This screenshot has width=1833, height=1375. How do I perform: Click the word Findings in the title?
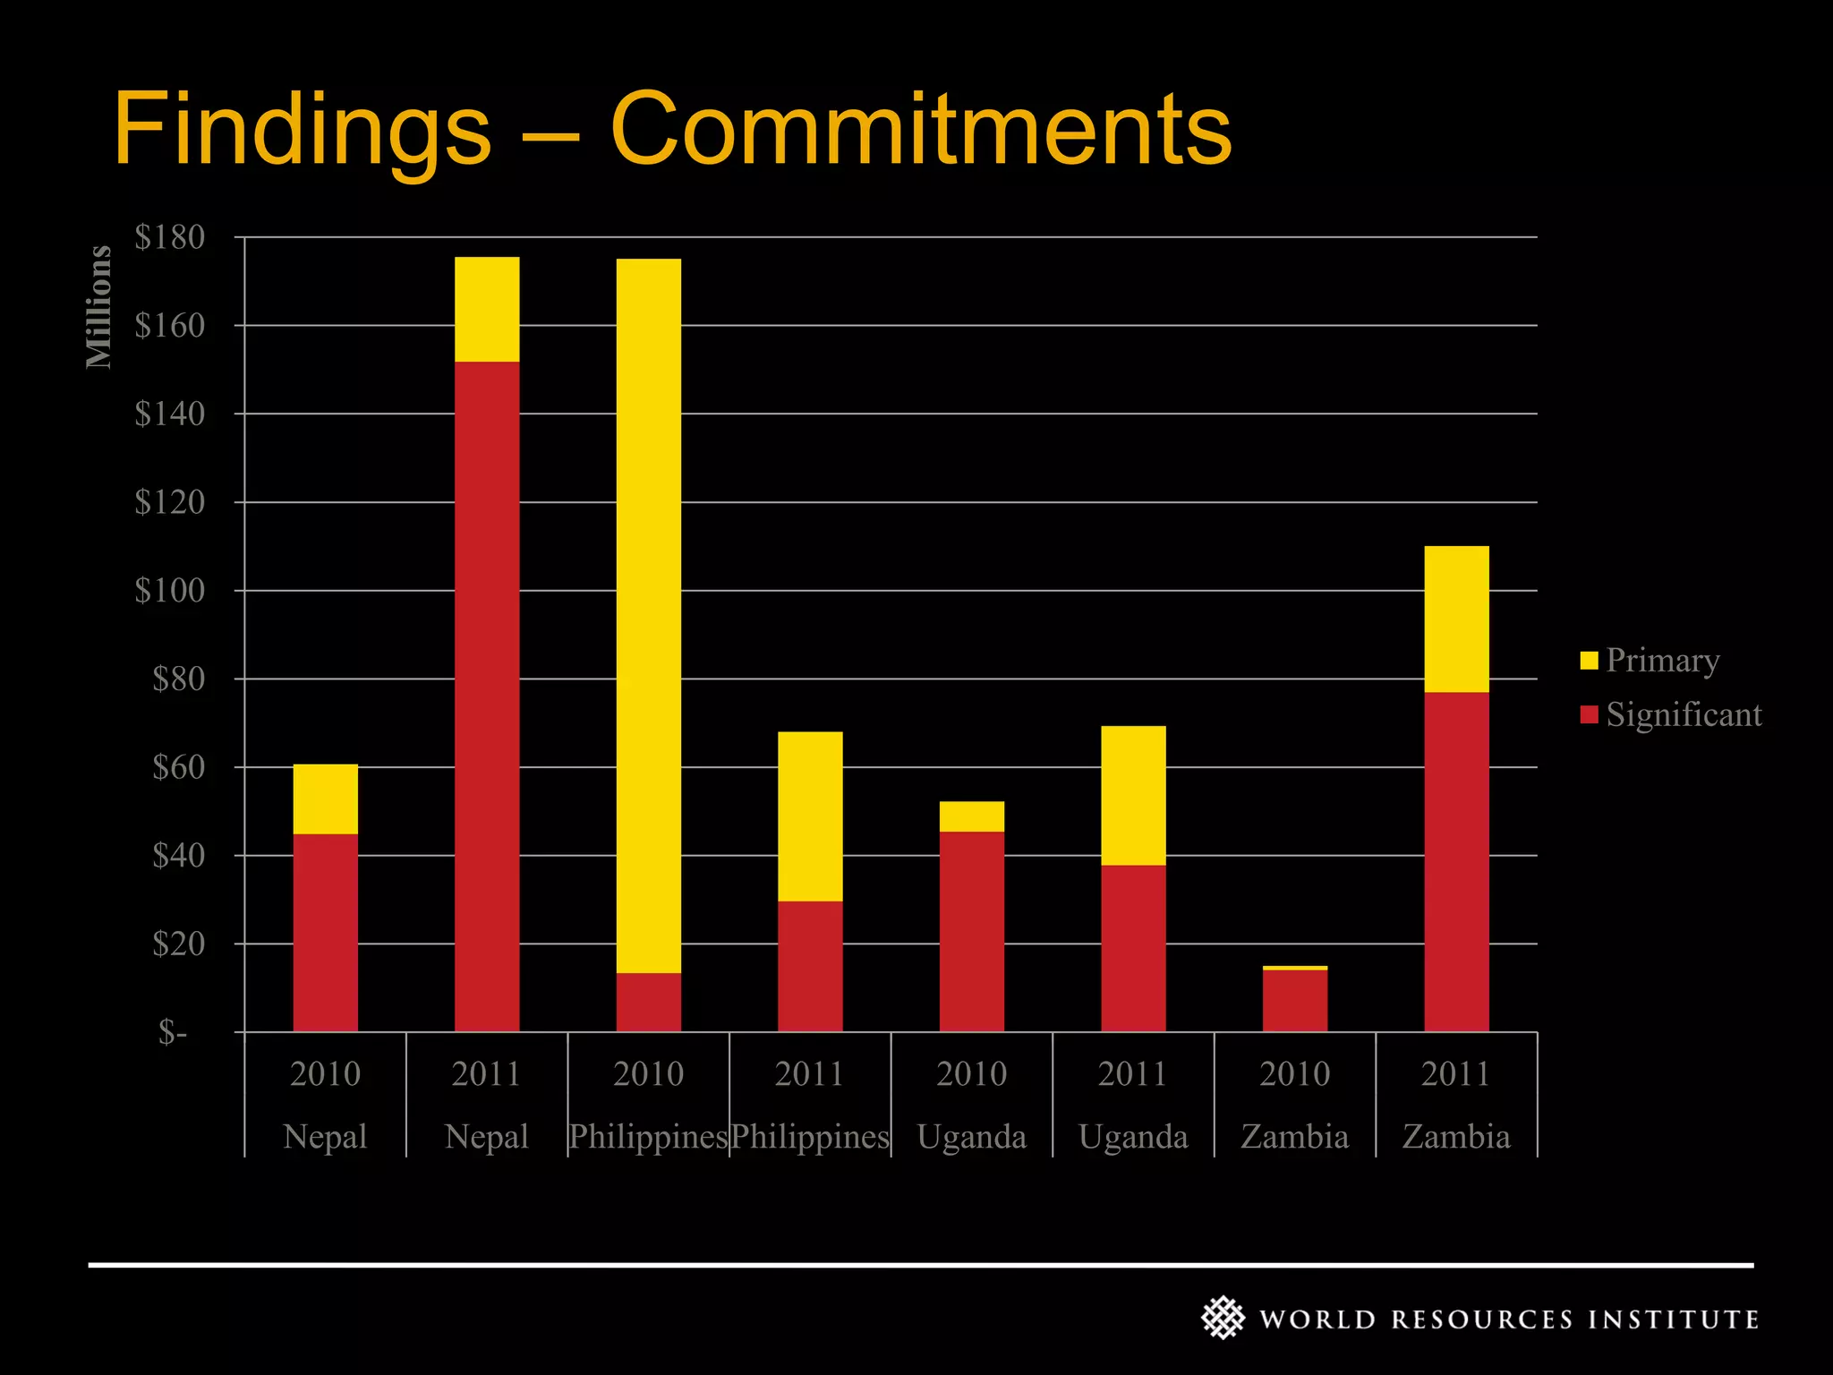pyautogui.click(x=302, y=130)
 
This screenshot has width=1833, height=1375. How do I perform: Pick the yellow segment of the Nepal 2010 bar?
pyautogui.click(x=325, y=799)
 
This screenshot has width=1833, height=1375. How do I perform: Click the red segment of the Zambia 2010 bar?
pyautogui.click(x=1294, y=1001)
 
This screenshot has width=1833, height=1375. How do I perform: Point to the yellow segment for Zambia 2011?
pyautogui.click(x=1456, y=619)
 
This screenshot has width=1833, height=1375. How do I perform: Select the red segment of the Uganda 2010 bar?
pyautogui.click(x=971, y=932)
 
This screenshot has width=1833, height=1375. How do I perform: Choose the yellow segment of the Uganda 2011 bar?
pyautogui.click(x=1133, y=796)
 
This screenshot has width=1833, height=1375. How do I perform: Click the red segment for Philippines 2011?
pyautogui.click(x=809, y=967)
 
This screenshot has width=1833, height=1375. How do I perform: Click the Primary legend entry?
pyautogui.click(x=1661, y=661)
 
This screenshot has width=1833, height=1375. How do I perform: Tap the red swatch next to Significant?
pyautogui.click(x=1589, y=714)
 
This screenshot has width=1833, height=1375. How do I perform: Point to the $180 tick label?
pyautogui.click(x=169, y=237)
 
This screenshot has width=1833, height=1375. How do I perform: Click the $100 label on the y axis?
pyautogui.click(x=169, y=591)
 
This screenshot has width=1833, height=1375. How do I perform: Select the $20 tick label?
pyautogui.click(x=177, y=944)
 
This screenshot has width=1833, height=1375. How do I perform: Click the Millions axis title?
pyautogui.click(x=98, y=307)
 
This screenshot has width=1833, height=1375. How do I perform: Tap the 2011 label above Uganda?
pyautogui.click(x=1132, y=1073)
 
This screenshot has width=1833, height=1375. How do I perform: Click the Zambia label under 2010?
pyautogui.click(x=1294, y=1137)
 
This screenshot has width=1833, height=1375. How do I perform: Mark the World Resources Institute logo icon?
pyautogui.click(x=1223, y=1318)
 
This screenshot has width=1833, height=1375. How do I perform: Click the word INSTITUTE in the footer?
pyautogui.click(x=1673, y=1319)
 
